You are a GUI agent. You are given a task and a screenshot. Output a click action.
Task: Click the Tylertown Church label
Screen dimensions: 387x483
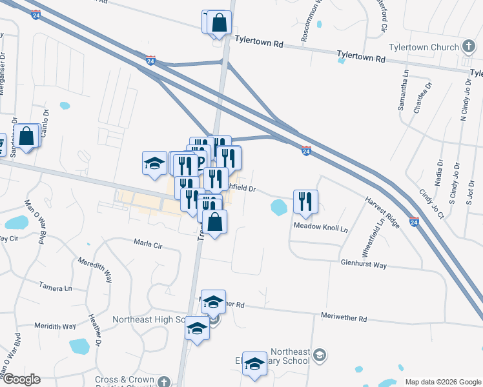coord(422,47)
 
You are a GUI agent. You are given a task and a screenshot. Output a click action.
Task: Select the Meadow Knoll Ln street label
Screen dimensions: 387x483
coord(321,228)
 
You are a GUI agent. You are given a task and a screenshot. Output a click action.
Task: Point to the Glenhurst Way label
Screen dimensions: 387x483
coord(364,264)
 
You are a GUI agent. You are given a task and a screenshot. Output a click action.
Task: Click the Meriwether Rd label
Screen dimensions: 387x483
coord(344,318)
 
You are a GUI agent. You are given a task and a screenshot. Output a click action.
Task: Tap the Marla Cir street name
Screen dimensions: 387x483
coord(148,245)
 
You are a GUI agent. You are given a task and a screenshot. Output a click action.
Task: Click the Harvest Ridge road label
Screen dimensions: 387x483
coord(384,212)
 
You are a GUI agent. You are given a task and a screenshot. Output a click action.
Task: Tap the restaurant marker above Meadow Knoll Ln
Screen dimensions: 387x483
coord(305,201)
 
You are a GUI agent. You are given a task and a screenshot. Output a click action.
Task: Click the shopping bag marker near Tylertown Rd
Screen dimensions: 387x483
coord(219,23)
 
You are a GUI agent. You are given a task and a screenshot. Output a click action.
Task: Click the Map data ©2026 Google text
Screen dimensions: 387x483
coord(442,381)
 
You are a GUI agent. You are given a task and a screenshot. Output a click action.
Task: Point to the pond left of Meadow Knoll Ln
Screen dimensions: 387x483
coord(279,208)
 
